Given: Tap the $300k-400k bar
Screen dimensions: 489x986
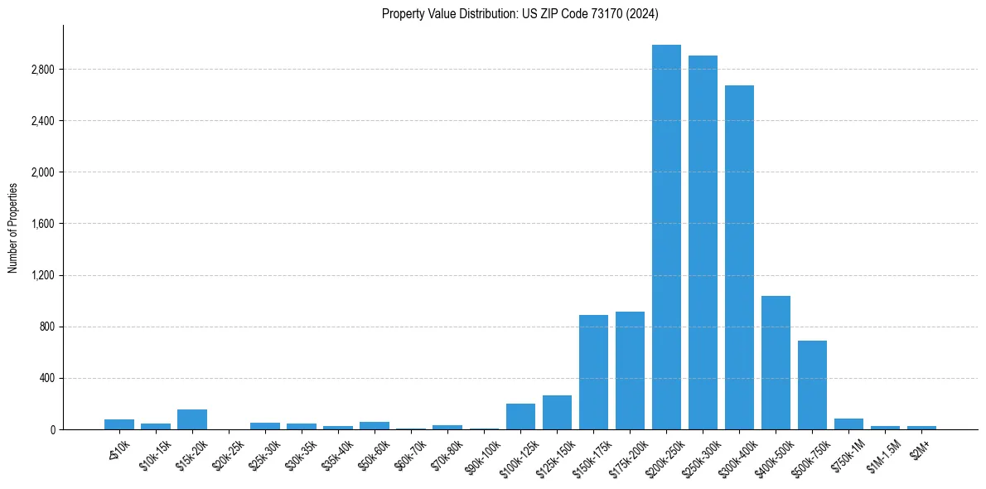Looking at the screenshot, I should point(739,257).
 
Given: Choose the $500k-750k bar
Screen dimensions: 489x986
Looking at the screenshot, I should point(812,385).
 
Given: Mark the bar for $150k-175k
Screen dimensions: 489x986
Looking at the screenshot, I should point(593,372).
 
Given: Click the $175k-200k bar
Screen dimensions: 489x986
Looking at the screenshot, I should point(630,370).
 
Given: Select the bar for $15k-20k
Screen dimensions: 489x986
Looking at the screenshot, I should point(192,419).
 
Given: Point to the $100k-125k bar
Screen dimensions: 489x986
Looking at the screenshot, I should point(520,416).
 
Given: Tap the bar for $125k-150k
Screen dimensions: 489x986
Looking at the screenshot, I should point(557,412).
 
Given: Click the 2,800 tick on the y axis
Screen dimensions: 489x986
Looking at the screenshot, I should point(41,70).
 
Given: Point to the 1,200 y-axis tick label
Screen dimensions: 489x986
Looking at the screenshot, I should point(41,275).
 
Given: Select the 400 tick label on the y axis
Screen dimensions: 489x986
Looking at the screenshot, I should point(46,378).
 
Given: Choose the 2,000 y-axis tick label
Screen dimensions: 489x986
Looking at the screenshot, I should point(41,172).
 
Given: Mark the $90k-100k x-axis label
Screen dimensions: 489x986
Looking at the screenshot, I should point(482,455).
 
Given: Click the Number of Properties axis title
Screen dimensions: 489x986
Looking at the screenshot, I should point(13,227).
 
